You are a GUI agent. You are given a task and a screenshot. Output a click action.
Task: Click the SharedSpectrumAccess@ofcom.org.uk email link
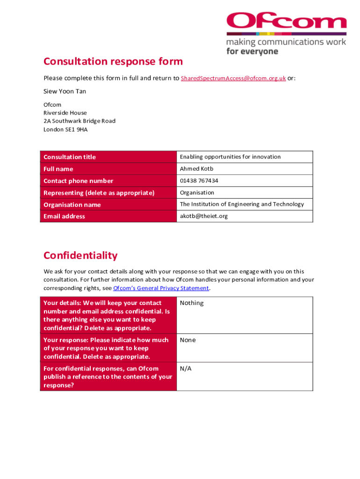click(233, 78)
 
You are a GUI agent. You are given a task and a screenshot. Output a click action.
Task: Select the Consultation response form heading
click(113, 61)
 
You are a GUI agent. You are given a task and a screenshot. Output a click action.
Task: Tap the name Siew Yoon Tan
click(65, 91)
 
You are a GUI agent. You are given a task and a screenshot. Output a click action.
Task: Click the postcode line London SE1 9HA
click(65, 130)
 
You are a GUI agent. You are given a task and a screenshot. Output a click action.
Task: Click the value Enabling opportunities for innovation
click(230, 157)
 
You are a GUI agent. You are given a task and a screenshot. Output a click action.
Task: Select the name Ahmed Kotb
click(196, 169)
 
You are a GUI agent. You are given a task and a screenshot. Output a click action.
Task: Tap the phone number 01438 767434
click(199, 181)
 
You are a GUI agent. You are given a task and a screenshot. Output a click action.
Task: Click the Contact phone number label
click(78, 181)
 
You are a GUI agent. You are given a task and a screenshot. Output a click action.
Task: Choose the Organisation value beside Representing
click(197, 193)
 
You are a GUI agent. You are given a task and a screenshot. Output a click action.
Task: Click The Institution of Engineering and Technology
click(242, 204)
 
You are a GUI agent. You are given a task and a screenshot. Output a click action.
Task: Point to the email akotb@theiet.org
click(204, 216)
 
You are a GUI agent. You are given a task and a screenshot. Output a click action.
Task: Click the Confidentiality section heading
click(80, 255)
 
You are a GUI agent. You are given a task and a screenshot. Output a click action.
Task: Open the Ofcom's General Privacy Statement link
click(161, 288)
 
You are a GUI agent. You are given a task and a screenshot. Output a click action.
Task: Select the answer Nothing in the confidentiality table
click(192, 303)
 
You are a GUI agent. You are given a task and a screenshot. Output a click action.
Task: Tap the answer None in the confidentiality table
click(188, 340)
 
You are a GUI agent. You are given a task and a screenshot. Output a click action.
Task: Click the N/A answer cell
click(186, 369)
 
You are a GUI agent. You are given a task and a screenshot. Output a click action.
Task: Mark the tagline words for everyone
click(252, 51)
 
